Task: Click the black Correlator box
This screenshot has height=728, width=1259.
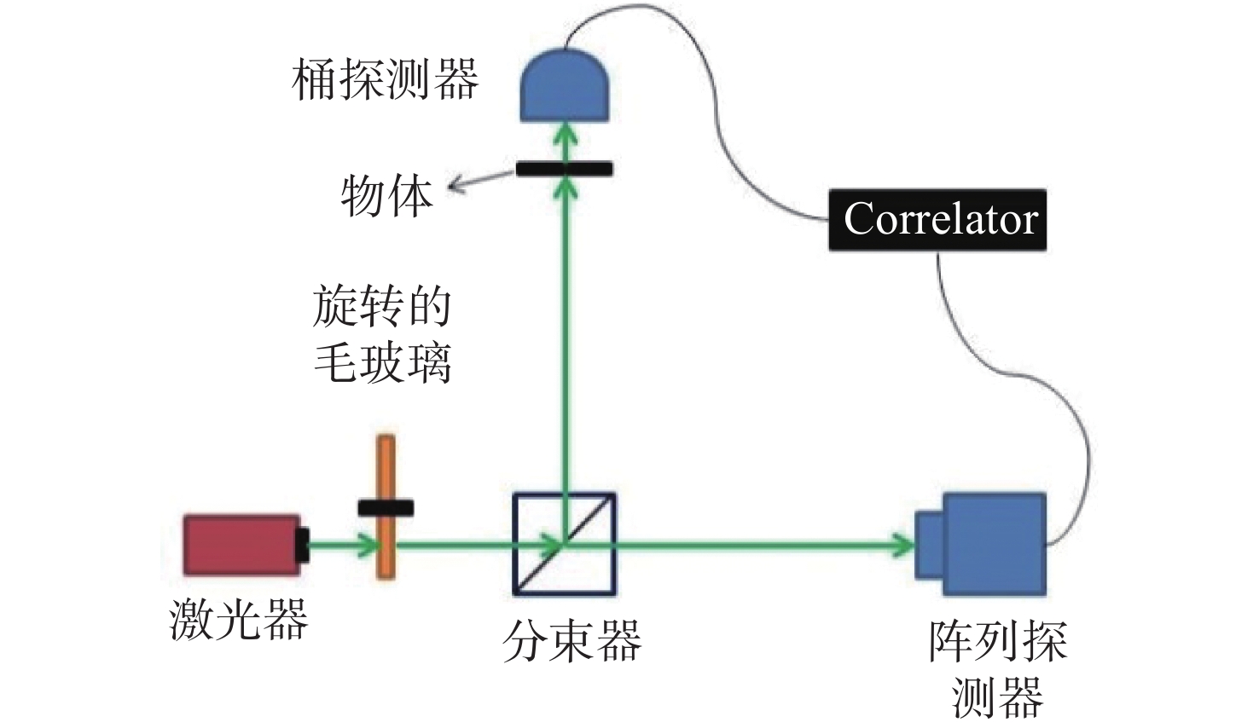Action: (x=937, y=220)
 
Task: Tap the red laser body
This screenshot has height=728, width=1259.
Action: (x=241, y=545)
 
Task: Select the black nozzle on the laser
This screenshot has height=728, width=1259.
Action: (x=304, y=545)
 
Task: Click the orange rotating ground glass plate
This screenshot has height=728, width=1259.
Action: (x=386, y=506)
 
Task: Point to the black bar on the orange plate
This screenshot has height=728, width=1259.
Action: (x=386, y=508)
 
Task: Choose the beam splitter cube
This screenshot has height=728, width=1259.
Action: (x=565, y=544)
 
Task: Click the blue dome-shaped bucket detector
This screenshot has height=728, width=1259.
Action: (x=565, y=85)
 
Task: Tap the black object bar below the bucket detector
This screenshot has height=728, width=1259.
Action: (x=565, y=169)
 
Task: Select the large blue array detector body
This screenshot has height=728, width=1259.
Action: (x=995, y=544)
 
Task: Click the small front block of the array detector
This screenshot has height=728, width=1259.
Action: (x=929, y=545)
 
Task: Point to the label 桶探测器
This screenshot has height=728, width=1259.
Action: (x=385, y=79)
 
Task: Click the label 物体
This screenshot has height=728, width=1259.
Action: (x=387, y=195)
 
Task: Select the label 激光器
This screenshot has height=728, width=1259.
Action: (x=239, y=619)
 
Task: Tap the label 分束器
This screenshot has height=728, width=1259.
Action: (x=572, y=641)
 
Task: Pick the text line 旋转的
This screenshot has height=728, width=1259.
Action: (x=382, y=306)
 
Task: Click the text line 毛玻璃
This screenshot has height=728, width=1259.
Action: (x=382, y=362)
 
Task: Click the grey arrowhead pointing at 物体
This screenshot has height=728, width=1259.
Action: (x=456, y=187)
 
